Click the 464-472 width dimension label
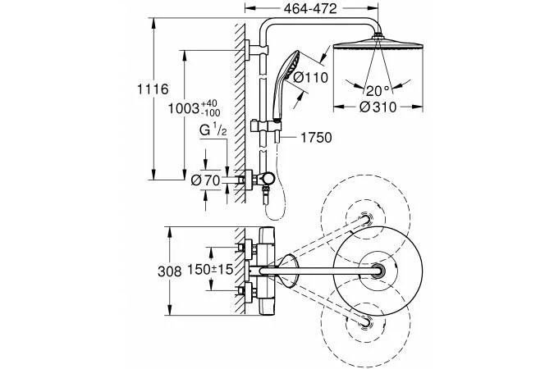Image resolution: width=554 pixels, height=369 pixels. point(310,8)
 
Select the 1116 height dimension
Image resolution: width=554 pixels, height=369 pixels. point(153,89)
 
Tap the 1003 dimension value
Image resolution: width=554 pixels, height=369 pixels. point(184,108)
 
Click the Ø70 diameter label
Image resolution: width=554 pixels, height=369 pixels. point(205,180)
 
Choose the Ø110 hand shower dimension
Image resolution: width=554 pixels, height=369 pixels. point(311,77)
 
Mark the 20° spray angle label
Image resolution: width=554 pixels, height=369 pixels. point(378,91)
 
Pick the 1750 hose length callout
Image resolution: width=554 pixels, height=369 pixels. point(316,138)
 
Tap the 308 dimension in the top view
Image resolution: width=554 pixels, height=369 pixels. point(170,271)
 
